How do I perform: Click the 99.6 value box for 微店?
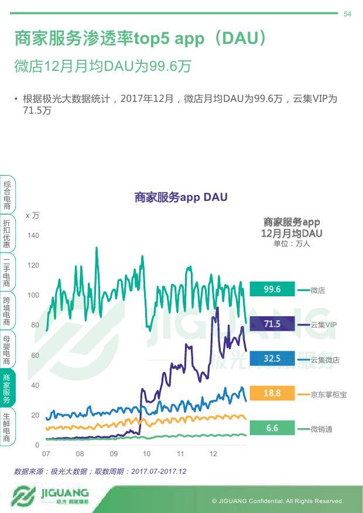272,289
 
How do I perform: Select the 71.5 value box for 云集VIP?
272,324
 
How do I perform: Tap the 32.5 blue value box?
272,358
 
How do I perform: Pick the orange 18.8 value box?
272,393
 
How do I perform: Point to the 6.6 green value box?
272,428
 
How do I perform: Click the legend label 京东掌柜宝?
328,394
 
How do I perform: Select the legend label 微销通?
321,429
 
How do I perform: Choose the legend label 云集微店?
325,360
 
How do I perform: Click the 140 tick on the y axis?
33,235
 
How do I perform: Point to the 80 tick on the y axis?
35,325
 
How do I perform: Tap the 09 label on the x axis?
114,454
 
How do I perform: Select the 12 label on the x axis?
214,454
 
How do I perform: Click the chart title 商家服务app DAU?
180,197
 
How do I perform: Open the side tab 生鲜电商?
6,427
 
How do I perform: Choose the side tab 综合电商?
6,195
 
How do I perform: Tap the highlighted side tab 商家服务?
6,388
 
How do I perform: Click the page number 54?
347,14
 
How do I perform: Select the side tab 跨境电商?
6,311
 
